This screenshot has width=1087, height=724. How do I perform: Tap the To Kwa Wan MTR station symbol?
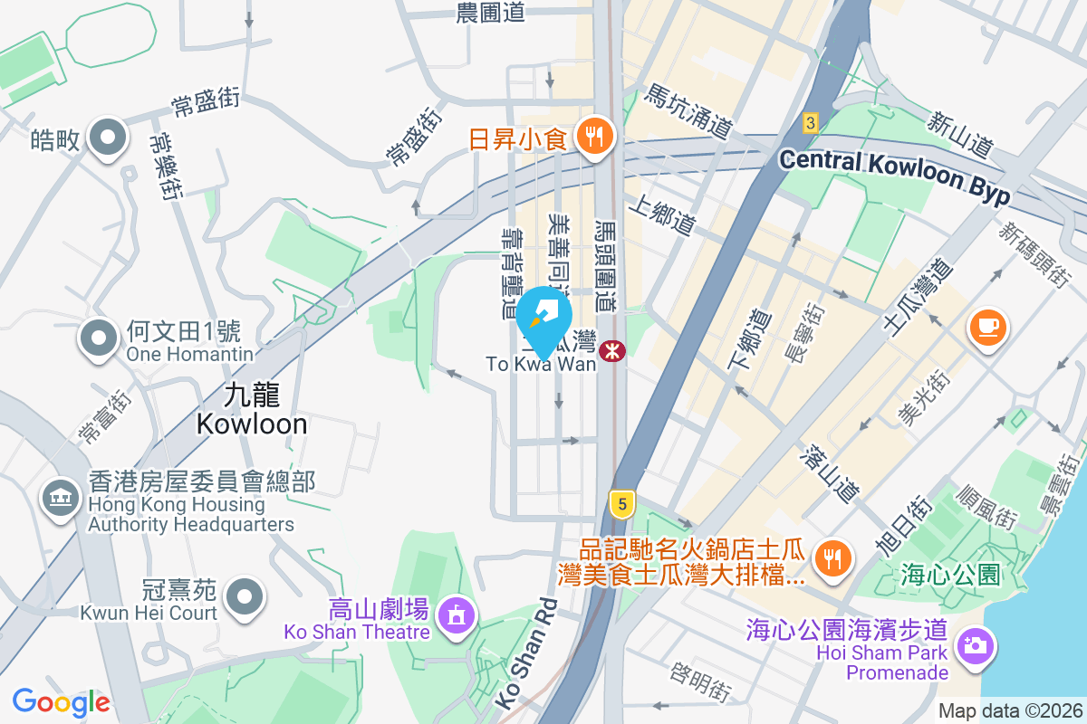[x=613, y=349]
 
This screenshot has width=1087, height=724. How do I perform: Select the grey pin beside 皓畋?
[x=109, y=138]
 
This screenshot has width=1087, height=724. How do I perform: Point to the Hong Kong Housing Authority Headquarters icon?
[x=61, y=497]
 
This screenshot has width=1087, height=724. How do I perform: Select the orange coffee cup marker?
[x=987, y=326]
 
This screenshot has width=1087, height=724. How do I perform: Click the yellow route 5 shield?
[x=620, y=504]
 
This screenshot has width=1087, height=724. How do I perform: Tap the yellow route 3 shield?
[x=810, y=122]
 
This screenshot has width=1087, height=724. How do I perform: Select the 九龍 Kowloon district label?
[x=252, y=409]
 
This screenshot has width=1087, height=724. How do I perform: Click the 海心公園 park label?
[x=950, y=574]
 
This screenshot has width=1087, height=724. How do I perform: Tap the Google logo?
[x=61, y=701]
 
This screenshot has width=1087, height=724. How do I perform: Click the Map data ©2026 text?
[x=1010, y=711]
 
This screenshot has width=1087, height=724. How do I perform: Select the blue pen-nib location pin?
[x=544, y=319]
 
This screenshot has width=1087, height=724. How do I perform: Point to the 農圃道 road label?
[x=490, y=12]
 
